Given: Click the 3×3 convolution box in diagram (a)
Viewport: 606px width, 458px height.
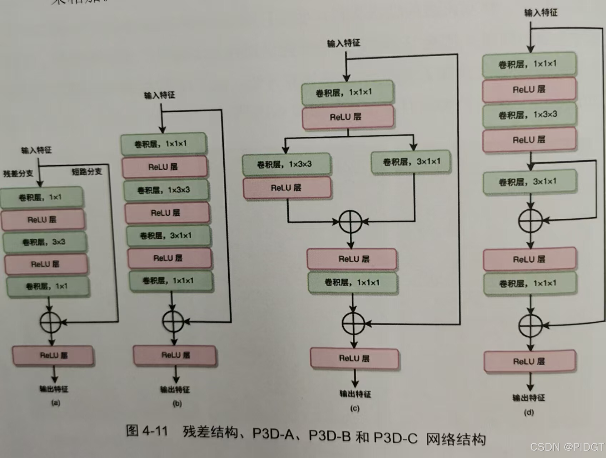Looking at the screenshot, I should tap(45, 242).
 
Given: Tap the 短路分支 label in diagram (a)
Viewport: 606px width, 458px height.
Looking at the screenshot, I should tap(87, 172).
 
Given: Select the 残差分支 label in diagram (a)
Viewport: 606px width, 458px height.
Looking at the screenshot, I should tap(18, 174).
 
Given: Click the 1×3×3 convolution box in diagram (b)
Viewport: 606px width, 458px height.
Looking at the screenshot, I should tap(166, 190).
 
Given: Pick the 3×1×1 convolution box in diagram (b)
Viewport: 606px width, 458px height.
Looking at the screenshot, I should tap(169, 236).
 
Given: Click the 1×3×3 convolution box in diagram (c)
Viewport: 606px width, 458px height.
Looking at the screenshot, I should tap(287, 164).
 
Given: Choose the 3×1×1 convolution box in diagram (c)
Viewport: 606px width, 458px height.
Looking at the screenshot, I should tap(411, 162).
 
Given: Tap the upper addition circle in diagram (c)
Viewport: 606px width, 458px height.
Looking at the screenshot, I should tap(351, 222).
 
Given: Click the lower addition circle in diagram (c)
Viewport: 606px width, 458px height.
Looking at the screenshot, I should tap(353, 323).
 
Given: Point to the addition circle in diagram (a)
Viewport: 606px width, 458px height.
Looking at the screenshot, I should tap(51, 322).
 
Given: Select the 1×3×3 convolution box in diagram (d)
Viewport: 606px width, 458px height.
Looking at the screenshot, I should tap(529, 115).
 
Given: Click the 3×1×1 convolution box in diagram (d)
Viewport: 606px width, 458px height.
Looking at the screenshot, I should tap(530, 182).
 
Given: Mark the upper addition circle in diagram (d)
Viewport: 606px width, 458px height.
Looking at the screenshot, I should tap(531, 220).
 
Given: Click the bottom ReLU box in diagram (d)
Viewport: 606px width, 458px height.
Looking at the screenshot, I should tap(530, 361).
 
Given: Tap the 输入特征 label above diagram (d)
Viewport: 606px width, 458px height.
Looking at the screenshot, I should tap(541, 13).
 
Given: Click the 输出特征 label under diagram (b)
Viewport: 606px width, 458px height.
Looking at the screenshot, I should tap(175, 390).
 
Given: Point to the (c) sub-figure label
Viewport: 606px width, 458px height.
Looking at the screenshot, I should tap(355, 408).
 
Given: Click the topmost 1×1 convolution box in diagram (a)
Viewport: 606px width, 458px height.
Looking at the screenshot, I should tap(42, 198).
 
